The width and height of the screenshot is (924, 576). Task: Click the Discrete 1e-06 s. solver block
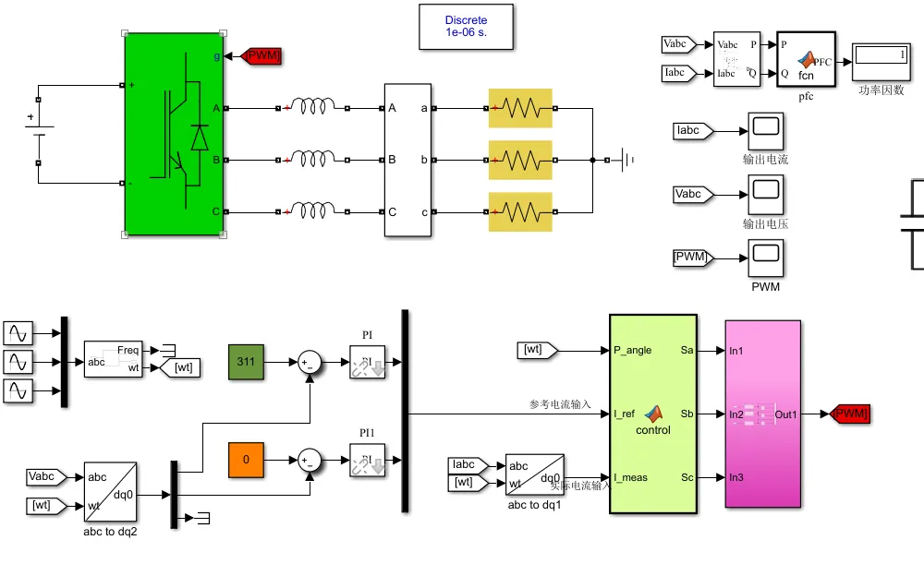466,26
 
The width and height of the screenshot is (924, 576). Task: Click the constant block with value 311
246,361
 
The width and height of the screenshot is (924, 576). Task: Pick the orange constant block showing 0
246,459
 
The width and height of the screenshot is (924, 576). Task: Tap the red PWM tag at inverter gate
261,56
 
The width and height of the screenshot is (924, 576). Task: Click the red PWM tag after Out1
850,414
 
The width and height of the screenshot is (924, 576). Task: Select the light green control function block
652,411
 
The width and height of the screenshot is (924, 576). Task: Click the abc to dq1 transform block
535,474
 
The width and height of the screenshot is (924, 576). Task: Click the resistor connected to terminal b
520,160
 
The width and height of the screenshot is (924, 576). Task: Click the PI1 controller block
368,459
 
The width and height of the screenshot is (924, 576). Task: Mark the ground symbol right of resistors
626,160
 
